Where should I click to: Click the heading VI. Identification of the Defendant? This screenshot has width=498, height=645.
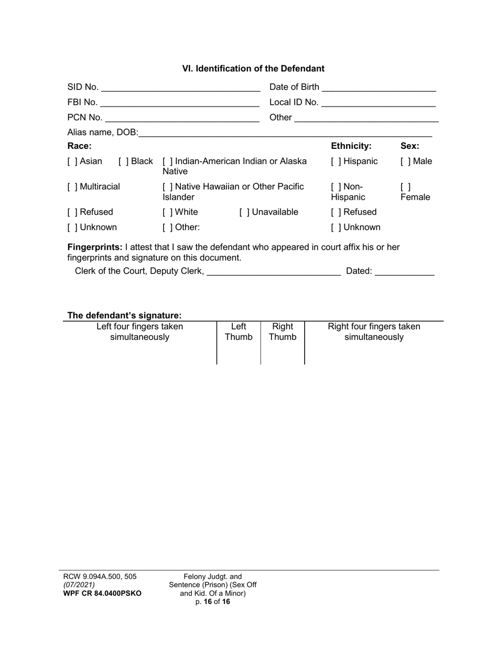(x=253, y=69)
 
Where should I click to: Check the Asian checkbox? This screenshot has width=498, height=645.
(x=72, y=162)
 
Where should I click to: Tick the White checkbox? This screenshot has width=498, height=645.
(x=167, y=212)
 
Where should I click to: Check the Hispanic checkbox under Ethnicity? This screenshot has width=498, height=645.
(x=335, y=162)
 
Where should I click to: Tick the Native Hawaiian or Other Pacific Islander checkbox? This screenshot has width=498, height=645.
(x=167, y=187)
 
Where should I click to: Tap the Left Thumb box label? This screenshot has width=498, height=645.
(x=239, y=332)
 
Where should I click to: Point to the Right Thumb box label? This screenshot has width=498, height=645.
(x=283, y=332)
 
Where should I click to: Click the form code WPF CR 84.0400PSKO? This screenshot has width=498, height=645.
(x=102, y=594)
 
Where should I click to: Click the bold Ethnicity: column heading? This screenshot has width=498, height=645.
(x=351, y=146)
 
